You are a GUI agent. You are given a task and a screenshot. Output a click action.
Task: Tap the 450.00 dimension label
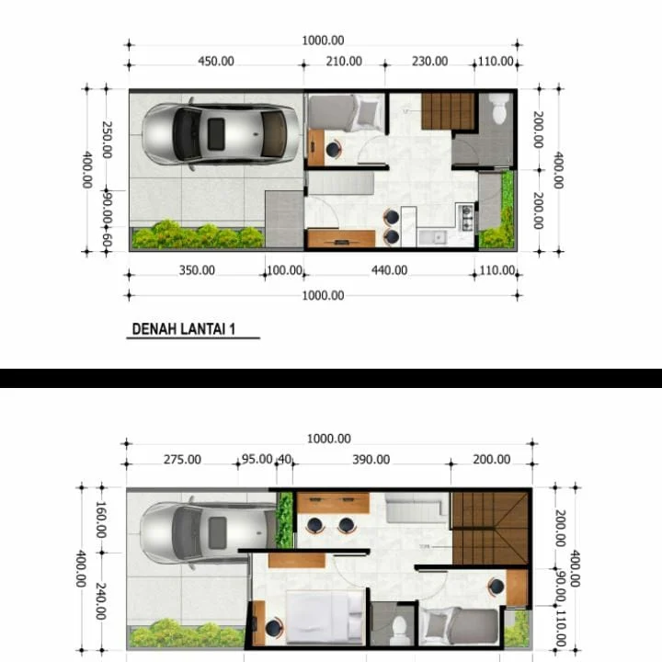click(x=216, y=62)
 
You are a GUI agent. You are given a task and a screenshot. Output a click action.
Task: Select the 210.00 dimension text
click(x=344, y=62)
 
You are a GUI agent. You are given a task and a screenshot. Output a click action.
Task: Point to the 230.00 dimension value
click(x=429, y=62)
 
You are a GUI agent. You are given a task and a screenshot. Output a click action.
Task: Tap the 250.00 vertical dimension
click(x=107, y=140)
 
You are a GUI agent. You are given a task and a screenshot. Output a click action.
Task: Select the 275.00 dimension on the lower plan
click(x=182, y=460)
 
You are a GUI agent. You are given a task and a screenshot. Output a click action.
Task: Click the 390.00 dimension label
click(x=371, y=460)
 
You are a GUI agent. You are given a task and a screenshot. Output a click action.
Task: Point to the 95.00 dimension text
click(x=257, y=460)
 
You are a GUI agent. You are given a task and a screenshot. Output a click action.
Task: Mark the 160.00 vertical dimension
click(x=100, y=519)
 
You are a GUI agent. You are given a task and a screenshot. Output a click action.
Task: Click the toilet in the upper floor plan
click(x=499, y=109)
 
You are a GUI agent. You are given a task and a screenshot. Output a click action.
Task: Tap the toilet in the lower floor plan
click(x=400, y=627)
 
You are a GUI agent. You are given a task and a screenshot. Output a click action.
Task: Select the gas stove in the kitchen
click(x=465, y=217)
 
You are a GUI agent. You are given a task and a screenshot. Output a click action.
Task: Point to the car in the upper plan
click(x=221, y=134)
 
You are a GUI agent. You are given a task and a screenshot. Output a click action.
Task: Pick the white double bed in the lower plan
click(x=324, y=618)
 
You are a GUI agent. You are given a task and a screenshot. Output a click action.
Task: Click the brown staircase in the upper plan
click(x=448, y=111)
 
